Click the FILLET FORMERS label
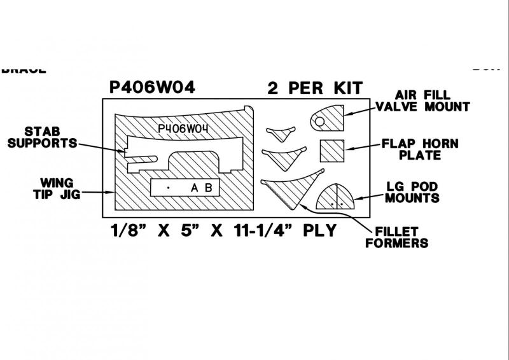(x=396, y=237)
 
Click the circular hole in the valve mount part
(x=320, y=120)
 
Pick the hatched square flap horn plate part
(x=331, y=151)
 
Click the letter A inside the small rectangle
(x=195, y=188)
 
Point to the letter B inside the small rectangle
(x=207, y=188)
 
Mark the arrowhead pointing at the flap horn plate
(x=347, y=149)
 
